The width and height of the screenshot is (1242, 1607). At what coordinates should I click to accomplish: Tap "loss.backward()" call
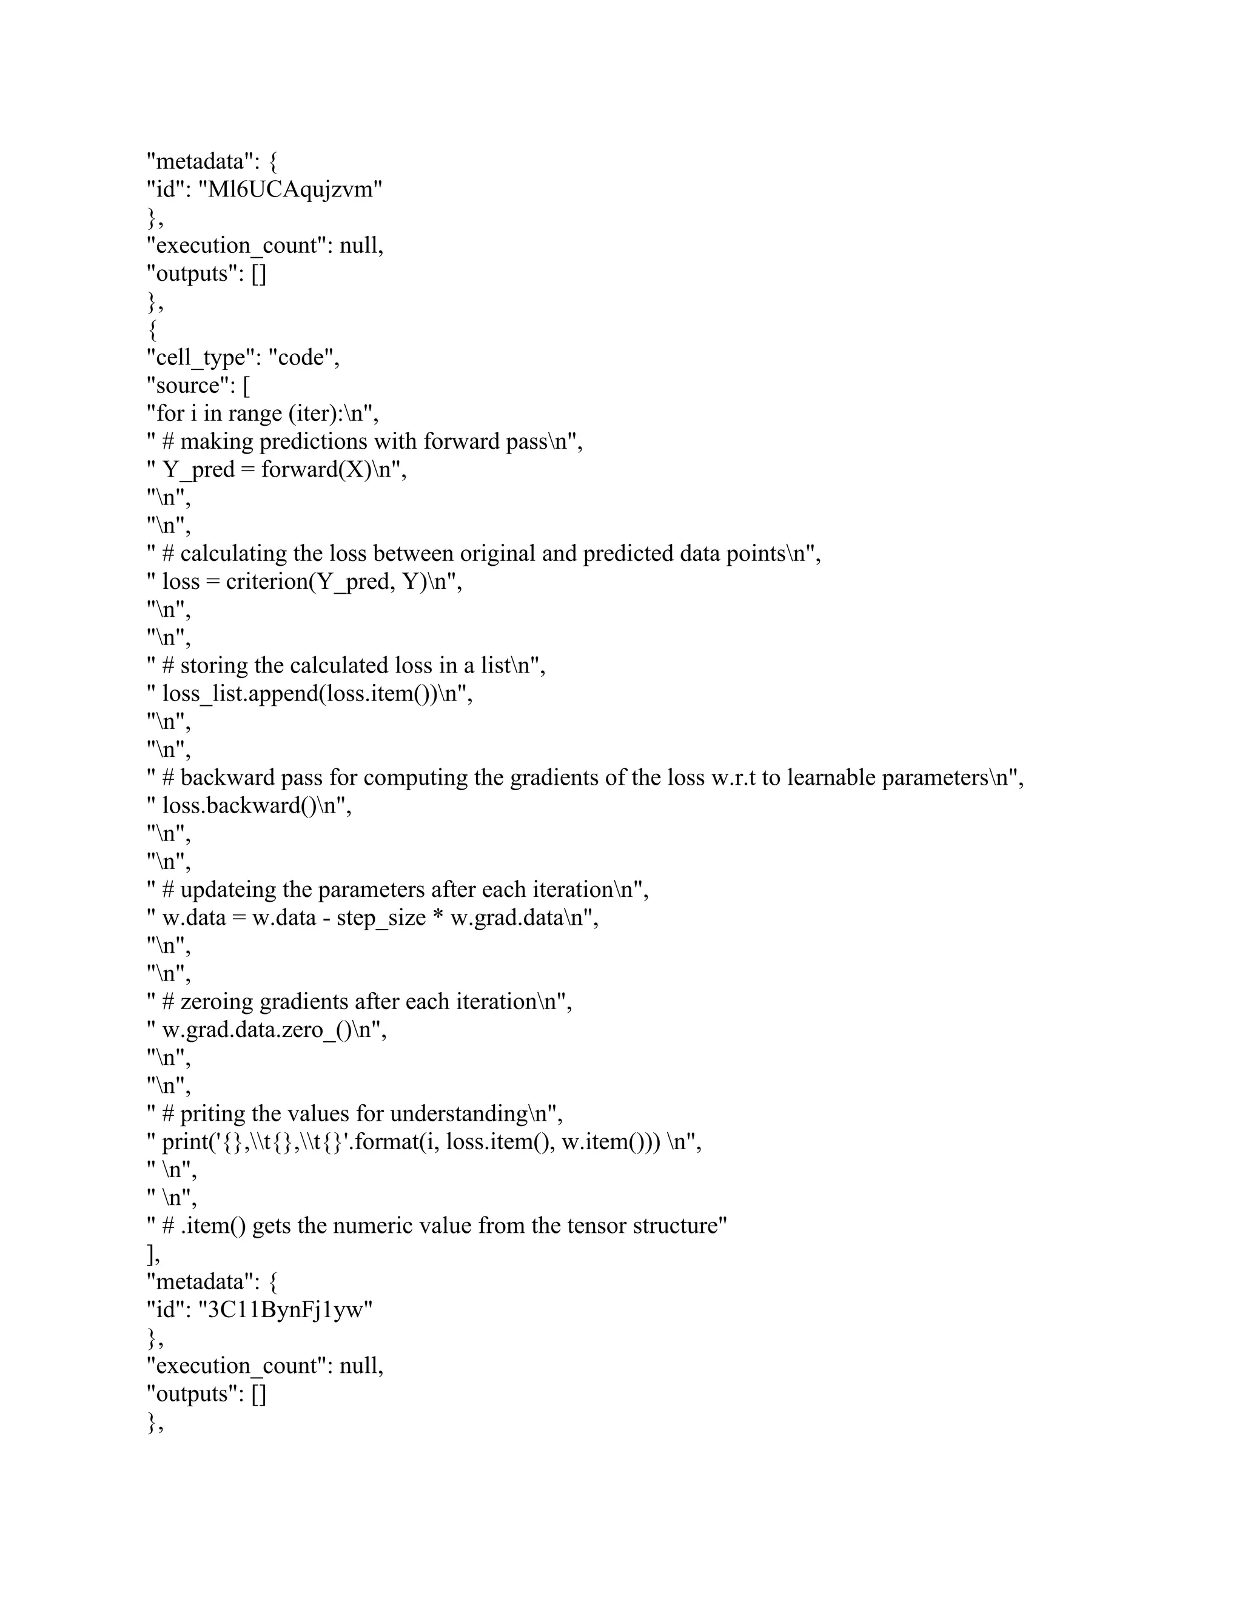[x=243, y=806]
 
